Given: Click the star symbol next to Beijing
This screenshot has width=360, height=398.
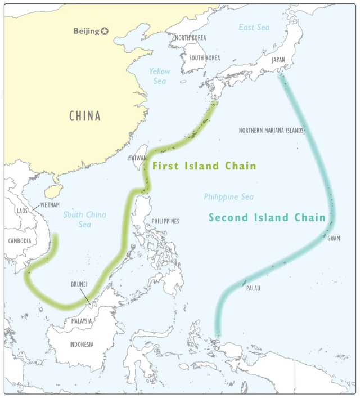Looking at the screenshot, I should click(x=105, y=32).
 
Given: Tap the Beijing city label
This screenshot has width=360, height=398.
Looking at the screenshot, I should click(x=86, y=32).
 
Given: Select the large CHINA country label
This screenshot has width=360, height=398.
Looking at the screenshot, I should click(x=85, y=117).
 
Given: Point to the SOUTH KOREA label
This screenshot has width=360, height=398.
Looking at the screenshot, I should click(x=204, y=57).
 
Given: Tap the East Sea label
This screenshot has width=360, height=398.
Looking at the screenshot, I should click(x=254, y=27).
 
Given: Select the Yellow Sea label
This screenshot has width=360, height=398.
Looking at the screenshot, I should click(x=159, y=76).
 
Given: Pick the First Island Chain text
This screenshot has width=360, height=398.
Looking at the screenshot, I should click(x=204, y=166).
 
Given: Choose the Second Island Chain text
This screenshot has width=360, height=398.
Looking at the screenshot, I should click(x=267, y=217).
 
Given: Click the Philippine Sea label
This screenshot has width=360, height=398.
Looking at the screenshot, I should click(x=228, y=196).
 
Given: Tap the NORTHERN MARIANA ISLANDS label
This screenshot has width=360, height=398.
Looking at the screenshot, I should click(x=271, y=131).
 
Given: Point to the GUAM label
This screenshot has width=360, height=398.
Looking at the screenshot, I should click(x=334, y=238).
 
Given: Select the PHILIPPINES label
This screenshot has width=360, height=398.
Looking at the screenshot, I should click(x=165, y=221).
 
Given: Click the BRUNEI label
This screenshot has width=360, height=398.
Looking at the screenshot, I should click(x=79, y=284).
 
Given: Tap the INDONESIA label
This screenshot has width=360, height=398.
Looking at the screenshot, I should click(x=82, y=344).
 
